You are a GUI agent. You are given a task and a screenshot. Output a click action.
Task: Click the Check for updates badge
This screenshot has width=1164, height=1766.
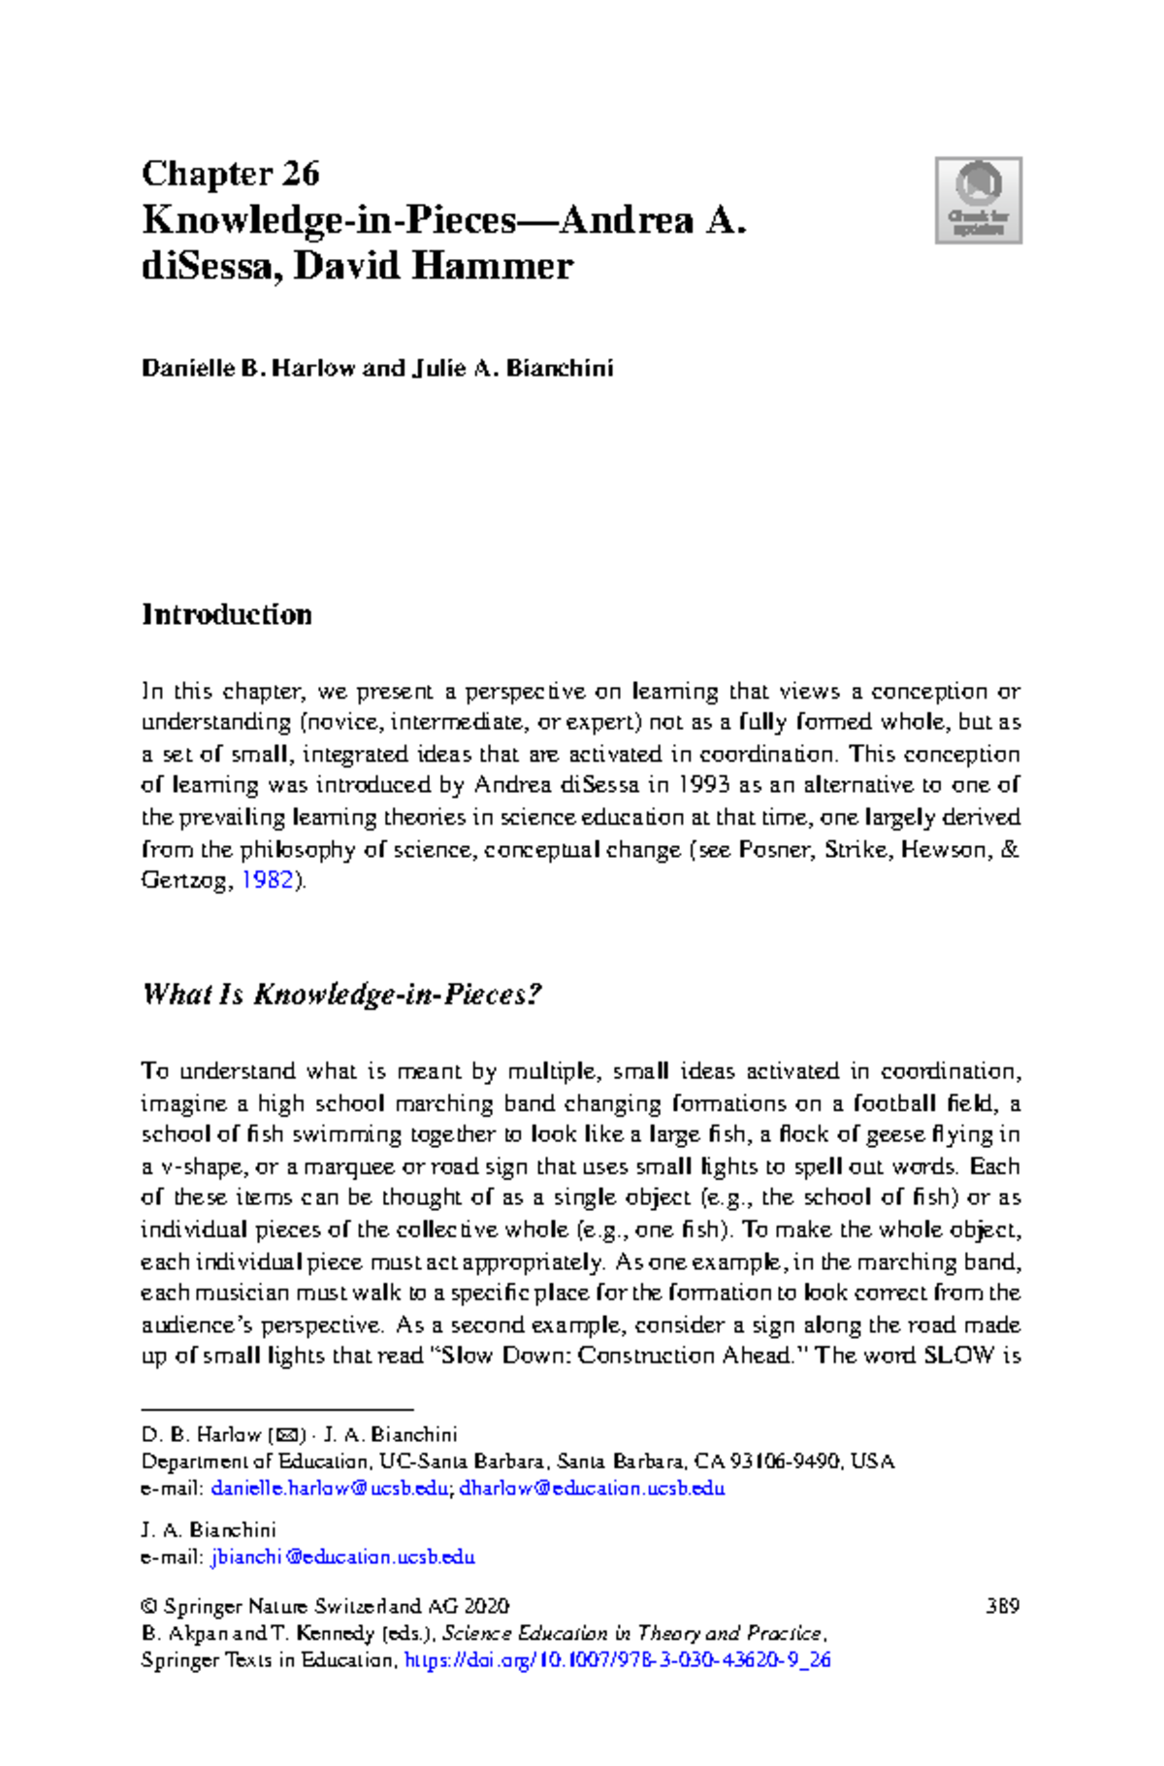pyautogui.click(x=978, y=200)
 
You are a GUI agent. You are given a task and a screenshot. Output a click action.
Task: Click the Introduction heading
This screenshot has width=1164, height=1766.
pyautogui.click(x=227, y=615)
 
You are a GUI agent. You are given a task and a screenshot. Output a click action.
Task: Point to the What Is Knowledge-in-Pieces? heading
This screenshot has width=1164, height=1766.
pyautogui.click(x=340, y=995)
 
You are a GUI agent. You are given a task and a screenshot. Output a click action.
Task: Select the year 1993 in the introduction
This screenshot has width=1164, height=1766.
pyautogui.click(x=704, y=785)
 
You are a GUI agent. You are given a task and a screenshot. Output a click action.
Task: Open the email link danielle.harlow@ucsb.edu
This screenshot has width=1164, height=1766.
pyautogui.click(x=331, y=1488)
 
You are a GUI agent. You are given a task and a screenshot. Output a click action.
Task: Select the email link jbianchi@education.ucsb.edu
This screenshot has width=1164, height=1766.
pyautogui.click(x=343, y=1556)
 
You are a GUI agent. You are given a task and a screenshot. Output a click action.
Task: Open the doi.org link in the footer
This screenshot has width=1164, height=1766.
pyautogui.click(x=617, y=1659)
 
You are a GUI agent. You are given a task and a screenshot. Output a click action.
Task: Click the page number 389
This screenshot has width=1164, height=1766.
pyautogui.click(x=1002, y=1606)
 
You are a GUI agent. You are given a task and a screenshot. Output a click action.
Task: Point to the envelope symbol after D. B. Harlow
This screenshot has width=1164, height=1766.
pyautogui.click(x=288, y=1435)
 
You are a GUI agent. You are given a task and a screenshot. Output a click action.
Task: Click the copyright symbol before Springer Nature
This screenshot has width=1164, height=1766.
pyautogui.click(x=149, y=1606)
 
